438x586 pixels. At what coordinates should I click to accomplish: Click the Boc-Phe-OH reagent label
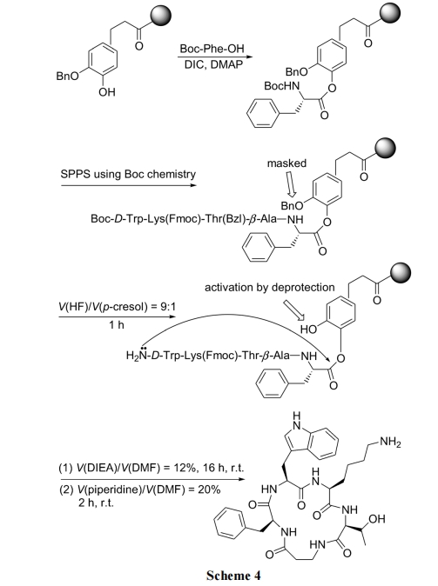click(212, 49)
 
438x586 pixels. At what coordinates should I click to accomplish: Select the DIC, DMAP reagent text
click(213, 64)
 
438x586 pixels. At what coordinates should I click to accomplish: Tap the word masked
click(286, 163)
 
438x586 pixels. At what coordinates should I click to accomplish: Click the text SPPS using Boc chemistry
click(128, 174)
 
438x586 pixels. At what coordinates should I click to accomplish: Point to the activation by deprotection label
click(270, 288)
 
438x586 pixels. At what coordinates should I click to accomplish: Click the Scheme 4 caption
click(233, 576)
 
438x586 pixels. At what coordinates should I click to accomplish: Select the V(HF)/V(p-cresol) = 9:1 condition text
click(117, 306)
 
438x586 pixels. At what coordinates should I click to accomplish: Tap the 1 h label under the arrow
click(117, 325)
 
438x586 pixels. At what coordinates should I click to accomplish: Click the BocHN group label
click(282, 86)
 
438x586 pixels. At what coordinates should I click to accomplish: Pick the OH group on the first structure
click(107, 92)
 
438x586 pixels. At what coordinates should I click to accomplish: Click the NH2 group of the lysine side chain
click(390, 443)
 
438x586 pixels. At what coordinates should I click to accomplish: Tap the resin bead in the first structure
click(160, 16)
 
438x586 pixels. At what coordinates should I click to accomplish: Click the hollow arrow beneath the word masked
click(291, 184)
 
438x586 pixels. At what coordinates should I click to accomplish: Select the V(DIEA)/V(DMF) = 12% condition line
click(152, 468)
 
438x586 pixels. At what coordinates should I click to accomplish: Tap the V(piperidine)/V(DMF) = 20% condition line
click(140, 489)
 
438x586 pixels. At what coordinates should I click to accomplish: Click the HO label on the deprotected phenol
click(308, 329)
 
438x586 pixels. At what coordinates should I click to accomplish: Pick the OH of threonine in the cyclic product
click(376, 519)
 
